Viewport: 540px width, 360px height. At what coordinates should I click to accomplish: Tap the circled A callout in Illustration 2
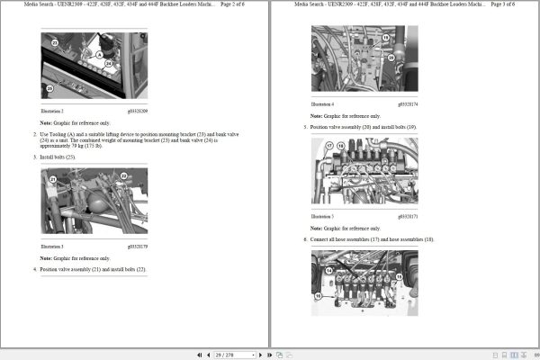pyautogui.click(x=100, y=54)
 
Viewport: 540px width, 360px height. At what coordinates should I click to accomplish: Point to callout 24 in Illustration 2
pyautogui.click(x=108, y=64)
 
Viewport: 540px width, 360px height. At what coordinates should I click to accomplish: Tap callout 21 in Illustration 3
pyautogui.click(x=53, y=179)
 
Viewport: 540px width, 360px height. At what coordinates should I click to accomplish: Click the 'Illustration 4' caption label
pyautogui.click(x=322, y=104)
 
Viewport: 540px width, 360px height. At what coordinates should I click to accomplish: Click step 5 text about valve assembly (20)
pyautogui.click(x=364, y=127)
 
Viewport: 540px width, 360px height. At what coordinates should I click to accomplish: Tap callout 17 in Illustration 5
pyautogui.click(x=329, y=146)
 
